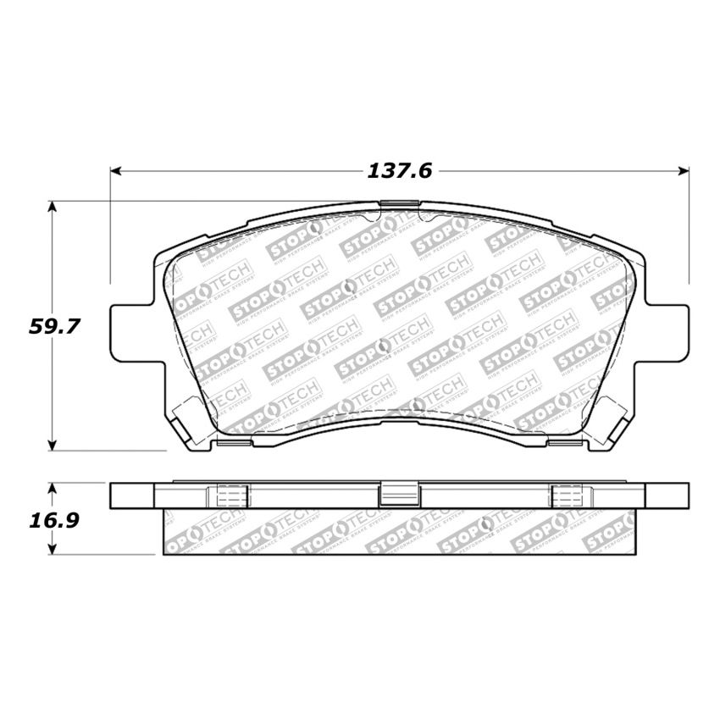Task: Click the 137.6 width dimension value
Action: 399,171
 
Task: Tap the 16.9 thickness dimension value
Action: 53,519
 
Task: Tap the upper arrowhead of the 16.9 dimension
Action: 53,489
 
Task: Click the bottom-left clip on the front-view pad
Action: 234,441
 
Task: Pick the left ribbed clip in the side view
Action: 233,496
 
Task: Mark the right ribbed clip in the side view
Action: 566,496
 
